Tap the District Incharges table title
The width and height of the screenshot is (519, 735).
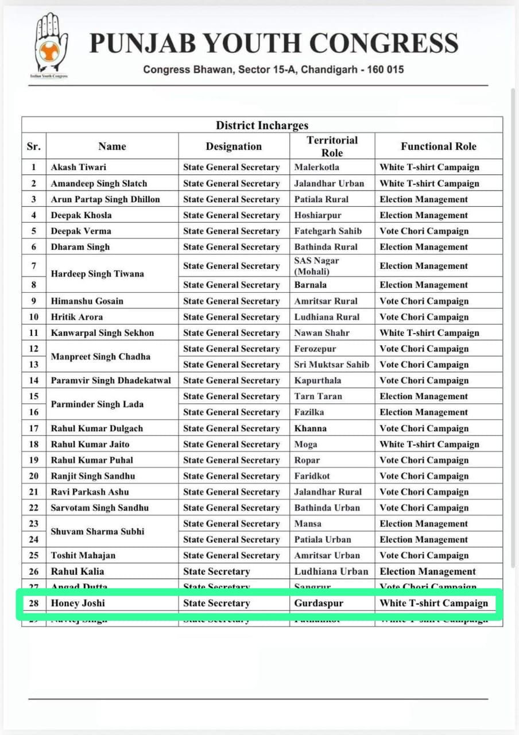[x=262, y=125]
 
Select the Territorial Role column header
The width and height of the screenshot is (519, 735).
[x=332, y=146]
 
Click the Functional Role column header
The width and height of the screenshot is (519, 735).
[x=439, y=146]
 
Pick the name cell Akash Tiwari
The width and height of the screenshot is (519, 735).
[x=79, y=167]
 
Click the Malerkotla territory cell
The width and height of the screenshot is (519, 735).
[x=317, y=167]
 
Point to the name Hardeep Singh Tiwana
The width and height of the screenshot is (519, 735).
[x=97, y=274]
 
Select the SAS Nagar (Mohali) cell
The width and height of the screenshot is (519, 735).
[x=316, y=266]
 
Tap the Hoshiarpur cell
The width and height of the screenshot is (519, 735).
[x=317, y=215]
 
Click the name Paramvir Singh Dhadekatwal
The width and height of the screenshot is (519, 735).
[x=111, y=380]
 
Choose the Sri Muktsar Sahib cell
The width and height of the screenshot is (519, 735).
[x=332, y=365]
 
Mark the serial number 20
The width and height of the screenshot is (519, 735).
[x=34, y=476]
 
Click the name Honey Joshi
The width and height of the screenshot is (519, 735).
[x=78, y=604]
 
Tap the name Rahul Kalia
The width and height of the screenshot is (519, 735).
[x=78, y=571]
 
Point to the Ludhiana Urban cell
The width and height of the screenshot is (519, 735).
[x=331, y=571]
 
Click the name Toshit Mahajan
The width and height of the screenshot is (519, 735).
[x=83, y=555]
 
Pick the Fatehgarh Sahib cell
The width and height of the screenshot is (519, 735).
[x=328, y=231]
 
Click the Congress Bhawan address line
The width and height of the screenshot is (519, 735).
[x=273, y=69]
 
